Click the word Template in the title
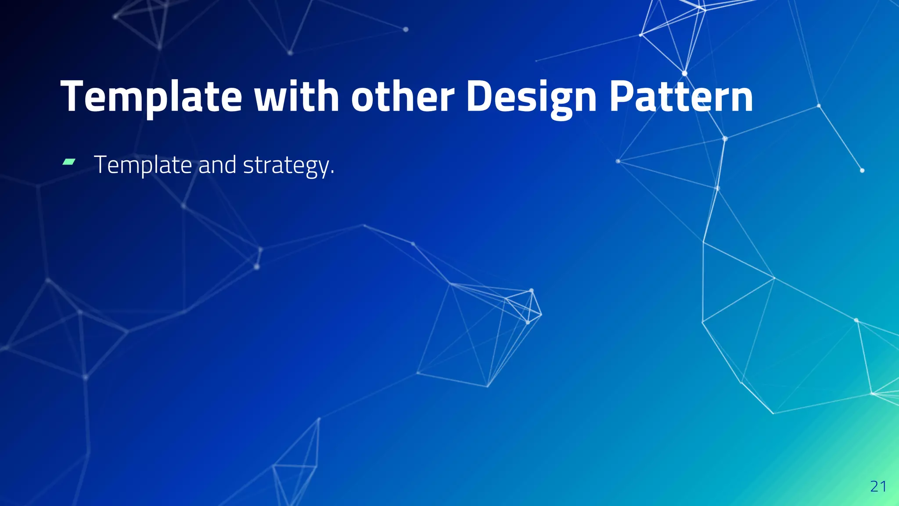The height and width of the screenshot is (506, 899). click(x=151, y=97)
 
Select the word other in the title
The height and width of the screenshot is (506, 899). click(x=403, y=97)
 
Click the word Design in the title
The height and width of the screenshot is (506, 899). click(x=531, y=97)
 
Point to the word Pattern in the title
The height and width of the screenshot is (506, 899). click(x=681, y=97)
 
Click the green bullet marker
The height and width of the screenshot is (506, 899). click(x=69, y=162)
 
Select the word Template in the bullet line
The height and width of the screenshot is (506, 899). click(x=143, y=165)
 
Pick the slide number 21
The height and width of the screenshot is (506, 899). click(x=878, y=486)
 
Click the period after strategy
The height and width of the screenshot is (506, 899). click(x=332, y=173)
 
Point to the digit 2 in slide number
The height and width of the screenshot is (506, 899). click(x=874, y=486)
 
